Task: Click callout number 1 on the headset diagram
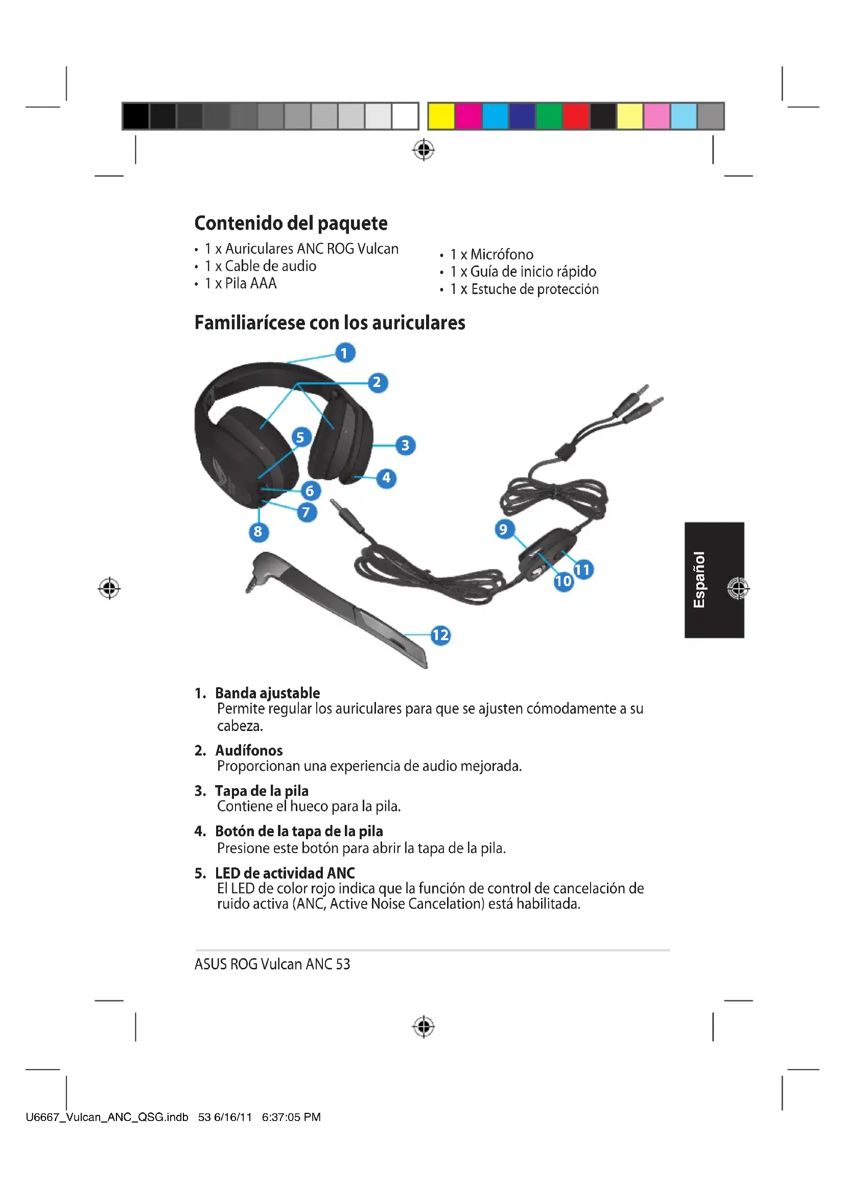344,353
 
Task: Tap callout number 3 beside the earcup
405,445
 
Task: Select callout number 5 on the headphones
300,437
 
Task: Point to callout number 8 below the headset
258,531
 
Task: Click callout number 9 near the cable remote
503,529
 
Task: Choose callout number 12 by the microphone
440,635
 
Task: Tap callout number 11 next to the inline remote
583,570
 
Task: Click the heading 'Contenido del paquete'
291,223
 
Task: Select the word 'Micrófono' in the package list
502,254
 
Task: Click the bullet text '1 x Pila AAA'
241,283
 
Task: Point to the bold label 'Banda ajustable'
267,693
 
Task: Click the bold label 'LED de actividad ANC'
285,873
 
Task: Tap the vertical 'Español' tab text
699,579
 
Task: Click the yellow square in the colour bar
442,116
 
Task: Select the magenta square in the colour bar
468,116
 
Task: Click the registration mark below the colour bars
424,150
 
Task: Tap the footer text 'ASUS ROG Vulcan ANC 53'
272,964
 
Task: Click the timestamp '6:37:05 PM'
291,1117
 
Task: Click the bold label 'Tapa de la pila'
262,791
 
